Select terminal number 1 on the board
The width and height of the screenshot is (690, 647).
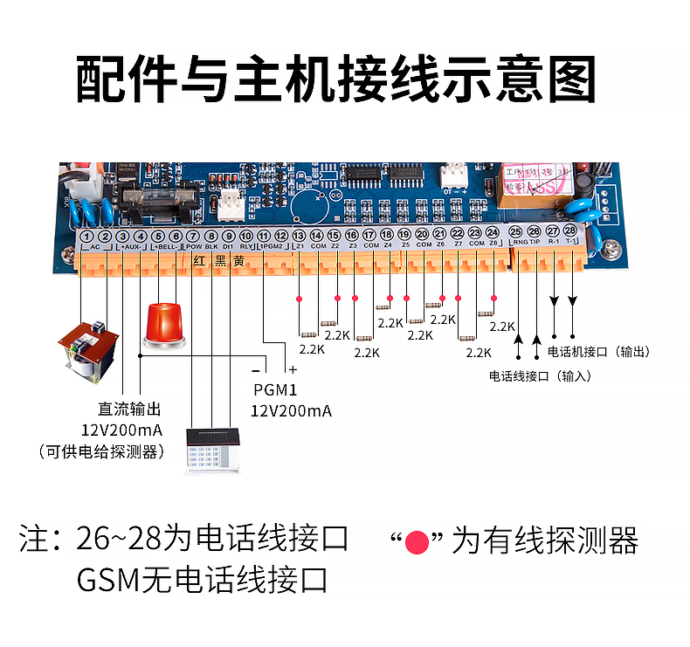pos(86,236)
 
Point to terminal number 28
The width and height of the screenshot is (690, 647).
pos(570,231)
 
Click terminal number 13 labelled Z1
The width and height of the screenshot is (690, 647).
pos(299,236)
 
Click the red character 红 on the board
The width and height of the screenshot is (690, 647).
pos(198,260)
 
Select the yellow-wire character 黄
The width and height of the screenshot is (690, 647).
pos(238,260)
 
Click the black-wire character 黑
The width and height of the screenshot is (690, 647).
pos(219,260)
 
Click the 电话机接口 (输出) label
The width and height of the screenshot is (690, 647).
pos(599,352)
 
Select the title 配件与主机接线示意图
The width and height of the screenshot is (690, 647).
pos(336,80)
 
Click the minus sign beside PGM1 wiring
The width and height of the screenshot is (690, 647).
pos(254,370)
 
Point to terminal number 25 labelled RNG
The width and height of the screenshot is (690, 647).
pos(516,231)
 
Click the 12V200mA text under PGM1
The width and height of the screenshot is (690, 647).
pos(291,411)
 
